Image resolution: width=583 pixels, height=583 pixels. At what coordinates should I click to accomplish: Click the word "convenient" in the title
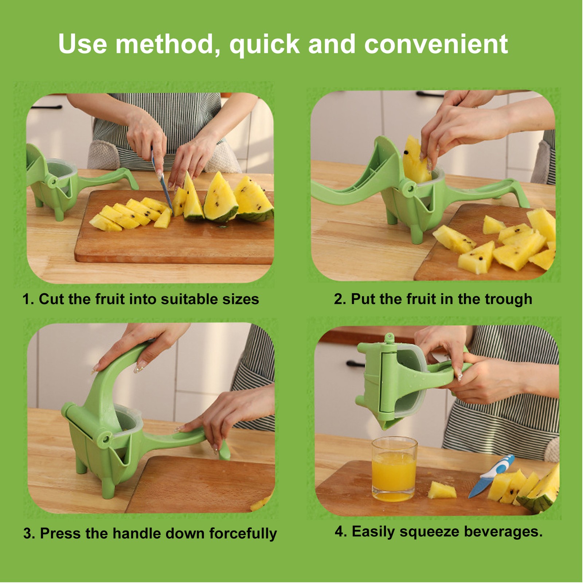pyautogui.click(x=436, y=44)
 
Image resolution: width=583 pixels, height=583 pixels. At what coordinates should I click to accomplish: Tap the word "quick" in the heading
pyautogui.click(x=264, y=45)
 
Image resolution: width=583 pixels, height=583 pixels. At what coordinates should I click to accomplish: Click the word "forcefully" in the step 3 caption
pyautogui.click(x=243, y=533)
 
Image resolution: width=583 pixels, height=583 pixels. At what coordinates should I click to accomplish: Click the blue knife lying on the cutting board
pyautogui.click(x=490, y=476)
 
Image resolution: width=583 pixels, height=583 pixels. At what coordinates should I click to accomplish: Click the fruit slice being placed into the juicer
pyautogui.click(x=416, y=160)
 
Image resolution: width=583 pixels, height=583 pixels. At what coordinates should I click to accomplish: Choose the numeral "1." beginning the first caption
pyautogui.click(x=28, y=300)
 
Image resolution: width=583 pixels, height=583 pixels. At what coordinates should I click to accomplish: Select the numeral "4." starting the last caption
pyautogui.click(x=341, y=532)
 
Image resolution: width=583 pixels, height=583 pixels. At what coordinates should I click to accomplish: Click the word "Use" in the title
pyautogui.click(x=83, y=44)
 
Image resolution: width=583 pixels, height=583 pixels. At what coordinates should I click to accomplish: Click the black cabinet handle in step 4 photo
pyautogui.click(x=356, y=363)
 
